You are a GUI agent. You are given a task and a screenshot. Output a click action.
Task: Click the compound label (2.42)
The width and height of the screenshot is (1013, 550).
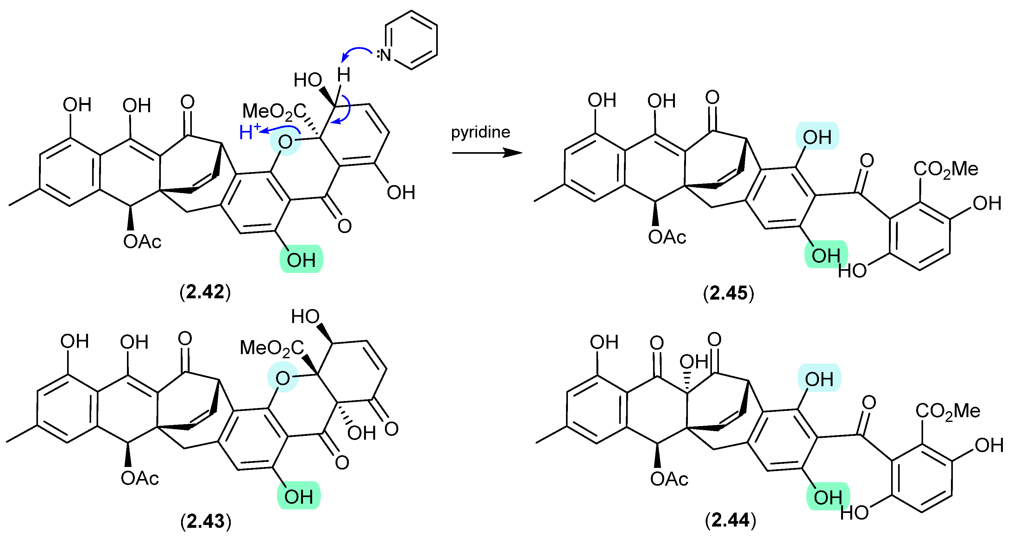205,292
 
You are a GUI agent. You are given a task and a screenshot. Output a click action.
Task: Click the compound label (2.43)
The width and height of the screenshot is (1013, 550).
206,521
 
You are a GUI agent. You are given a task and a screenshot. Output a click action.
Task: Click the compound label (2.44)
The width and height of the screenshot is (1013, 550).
730,520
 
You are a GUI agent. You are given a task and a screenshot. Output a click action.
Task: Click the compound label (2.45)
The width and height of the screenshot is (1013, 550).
729,293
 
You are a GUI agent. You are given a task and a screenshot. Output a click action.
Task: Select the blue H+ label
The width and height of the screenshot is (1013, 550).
250,132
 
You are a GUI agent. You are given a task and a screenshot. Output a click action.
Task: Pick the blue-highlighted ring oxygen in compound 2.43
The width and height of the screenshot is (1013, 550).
283,379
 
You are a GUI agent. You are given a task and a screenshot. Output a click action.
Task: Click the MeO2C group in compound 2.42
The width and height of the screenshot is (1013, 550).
274,111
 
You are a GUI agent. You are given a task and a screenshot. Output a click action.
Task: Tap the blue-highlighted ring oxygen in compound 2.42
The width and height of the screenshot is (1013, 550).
285,142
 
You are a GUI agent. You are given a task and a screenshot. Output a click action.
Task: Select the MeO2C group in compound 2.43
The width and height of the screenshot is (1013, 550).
272,348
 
